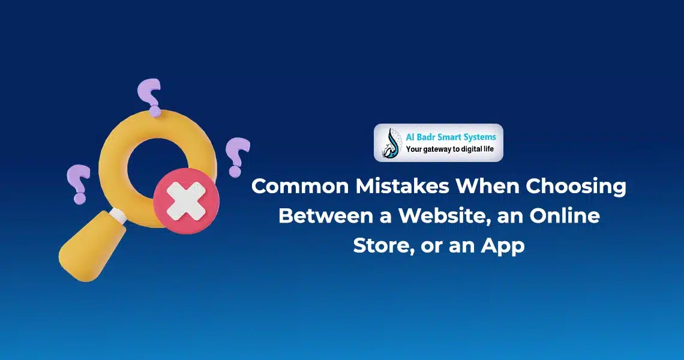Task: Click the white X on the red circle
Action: click(x=186, y=202)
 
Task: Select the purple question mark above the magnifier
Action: click(x=149, y=97)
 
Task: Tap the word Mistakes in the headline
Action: click(x=402, y=187)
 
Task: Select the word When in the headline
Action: click(x=487, y=187)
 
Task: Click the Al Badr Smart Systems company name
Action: click(x=451, y=137)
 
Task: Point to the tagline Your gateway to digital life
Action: click(x=450, y=149)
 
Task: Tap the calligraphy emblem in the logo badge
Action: click(x=391, y=143)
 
